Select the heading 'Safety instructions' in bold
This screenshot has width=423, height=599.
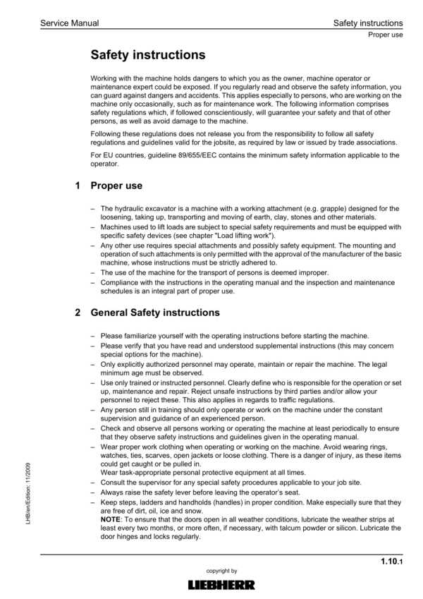(148, 54)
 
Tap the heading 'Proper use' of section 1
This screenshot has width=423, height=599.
(116, 186)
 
